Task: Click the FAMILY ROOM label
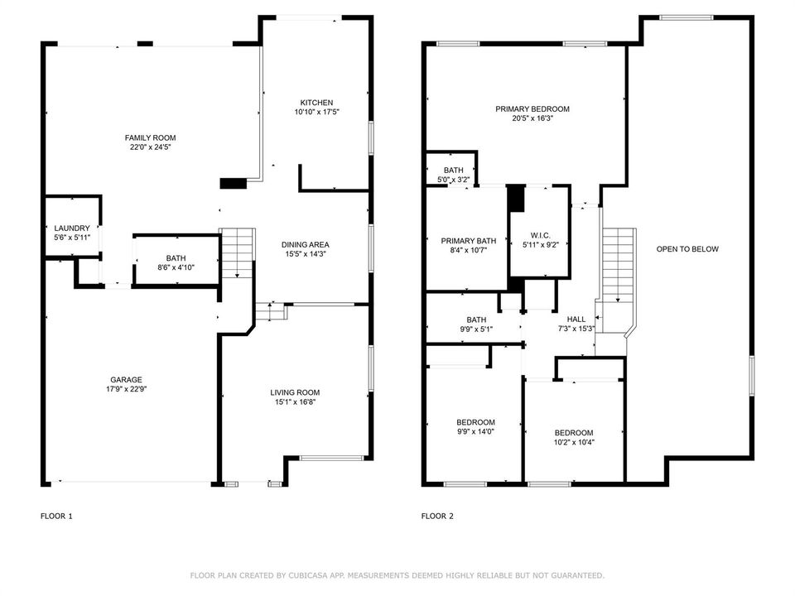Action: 150,138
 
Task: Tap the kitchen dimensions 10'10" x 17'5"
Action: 316,112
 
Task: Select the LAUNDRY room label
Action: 72,228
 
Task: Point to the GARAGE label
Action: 126,380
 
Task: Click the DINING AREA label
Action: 306,245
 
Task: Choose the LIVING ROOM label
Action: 295,392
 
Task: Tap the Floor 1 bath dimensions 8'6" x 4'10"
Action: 176,267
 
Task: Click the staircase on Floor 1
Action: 238,253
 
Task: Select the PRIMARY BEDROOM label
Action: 532,109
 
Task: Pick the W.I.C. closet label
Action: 540,235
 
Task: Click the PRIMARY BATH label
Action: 469,241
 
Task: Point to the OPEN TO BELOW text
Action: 687,249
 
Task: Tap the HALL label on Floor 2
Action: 576,320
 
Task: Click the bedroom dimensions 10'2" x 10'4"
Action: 574,442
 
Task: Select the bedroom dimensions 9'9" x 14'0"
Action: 475,432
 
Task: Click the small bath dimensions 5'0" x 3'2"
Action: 453,180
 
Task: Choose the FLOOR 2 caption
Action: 437,516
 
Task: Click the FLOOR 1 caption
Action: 56,516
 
